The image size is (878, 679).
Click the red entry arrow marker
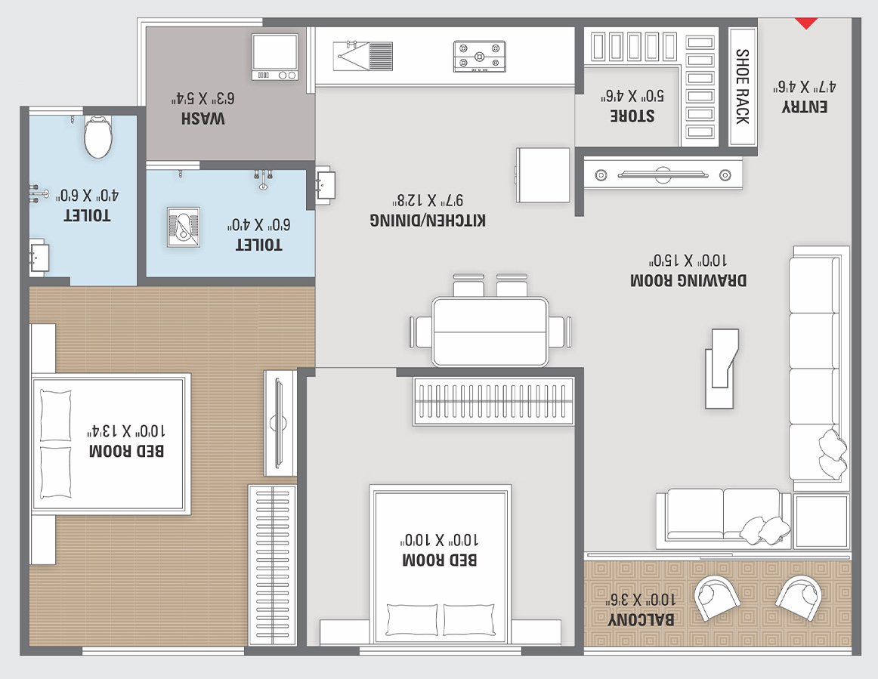[808, 23]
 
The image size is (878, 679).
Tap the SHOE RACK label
[742, 87]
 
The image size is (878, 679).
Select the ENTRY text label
[805, 106]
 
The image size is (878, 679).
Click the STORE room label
[632, 116]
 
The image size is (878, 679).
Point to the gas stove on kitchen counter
[480, 56]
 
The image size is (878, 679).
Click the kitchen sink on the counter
[363, 55]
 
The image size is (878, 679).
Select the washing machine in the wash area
[275, 57]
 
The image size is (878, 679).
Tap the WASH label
[204, 119]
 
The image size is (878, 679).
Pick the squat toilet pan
[182, 227]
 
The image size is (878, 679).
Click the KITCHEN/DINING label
[428, 219]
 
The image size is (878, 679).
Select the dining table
[490, 332]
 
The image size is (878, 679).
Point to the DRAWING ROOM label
[688, 279]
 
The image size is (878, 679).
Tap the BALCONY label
[642, 619]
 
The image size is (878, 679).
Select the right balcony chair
[799, 597]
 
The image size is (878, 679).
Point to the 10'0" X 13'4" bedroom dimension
[126, 431]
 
